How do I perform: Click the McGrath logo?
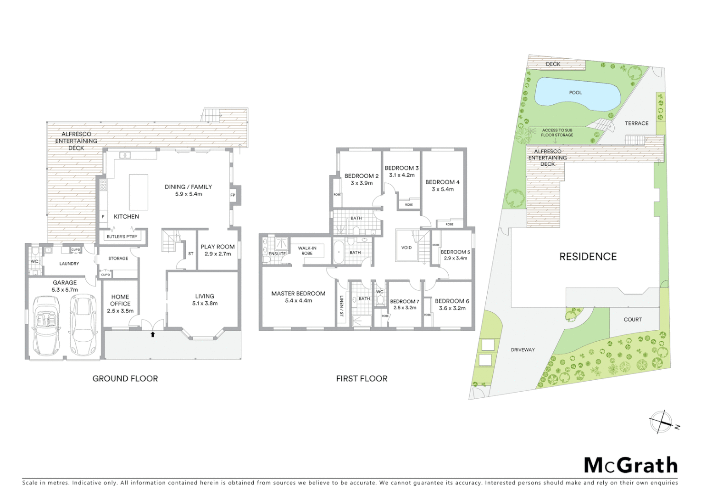coord(631,465)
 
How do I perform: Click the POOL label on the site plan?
coord(575,93)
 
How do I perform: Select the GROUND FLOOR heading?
coord(125,378)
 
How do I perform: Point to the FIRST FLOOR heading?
coord(362,378)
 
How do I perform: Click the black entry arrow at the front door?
coord(153,334)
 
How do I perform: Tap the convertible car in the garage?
coord(46,326)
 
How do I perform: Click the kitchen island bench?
coord(139,192)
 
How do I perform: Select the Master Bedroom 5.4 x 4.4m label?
coord(298,297)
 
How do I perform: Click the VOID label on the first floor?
coord(406,248)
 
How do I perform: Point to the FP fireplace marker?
coord(233,195)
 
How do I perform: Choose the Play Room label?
coord(217,250)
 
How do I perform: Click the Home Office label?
coord(120,304)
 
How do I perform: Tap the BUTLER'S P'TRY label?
coord(122,237)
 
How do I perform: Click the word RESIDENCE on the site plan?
coord(588,257)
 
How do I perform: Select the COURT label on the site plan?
coord(633,320)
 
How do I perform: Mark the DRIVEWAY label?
coord(523,350)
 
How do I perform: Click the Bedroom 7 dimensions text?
coord(405,308)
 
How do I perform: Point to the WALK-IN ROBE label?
coord(307,251)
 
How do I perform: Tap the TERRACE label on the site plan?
coord(636,124)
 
